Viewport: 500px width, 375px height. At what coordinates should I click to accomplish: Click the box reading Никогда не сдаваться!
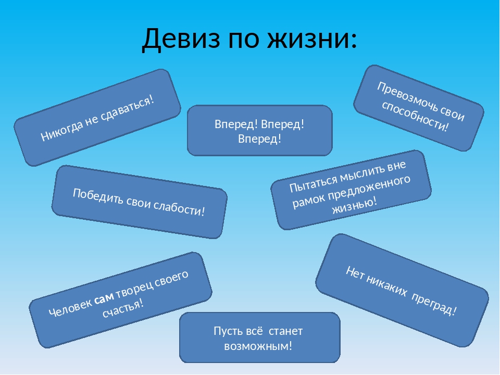97,118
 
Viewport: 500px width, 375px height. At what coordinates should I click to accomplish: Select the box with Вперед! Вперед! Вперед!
259,131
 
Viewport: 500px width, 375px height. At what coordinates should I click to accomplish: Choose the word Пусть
226,331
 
